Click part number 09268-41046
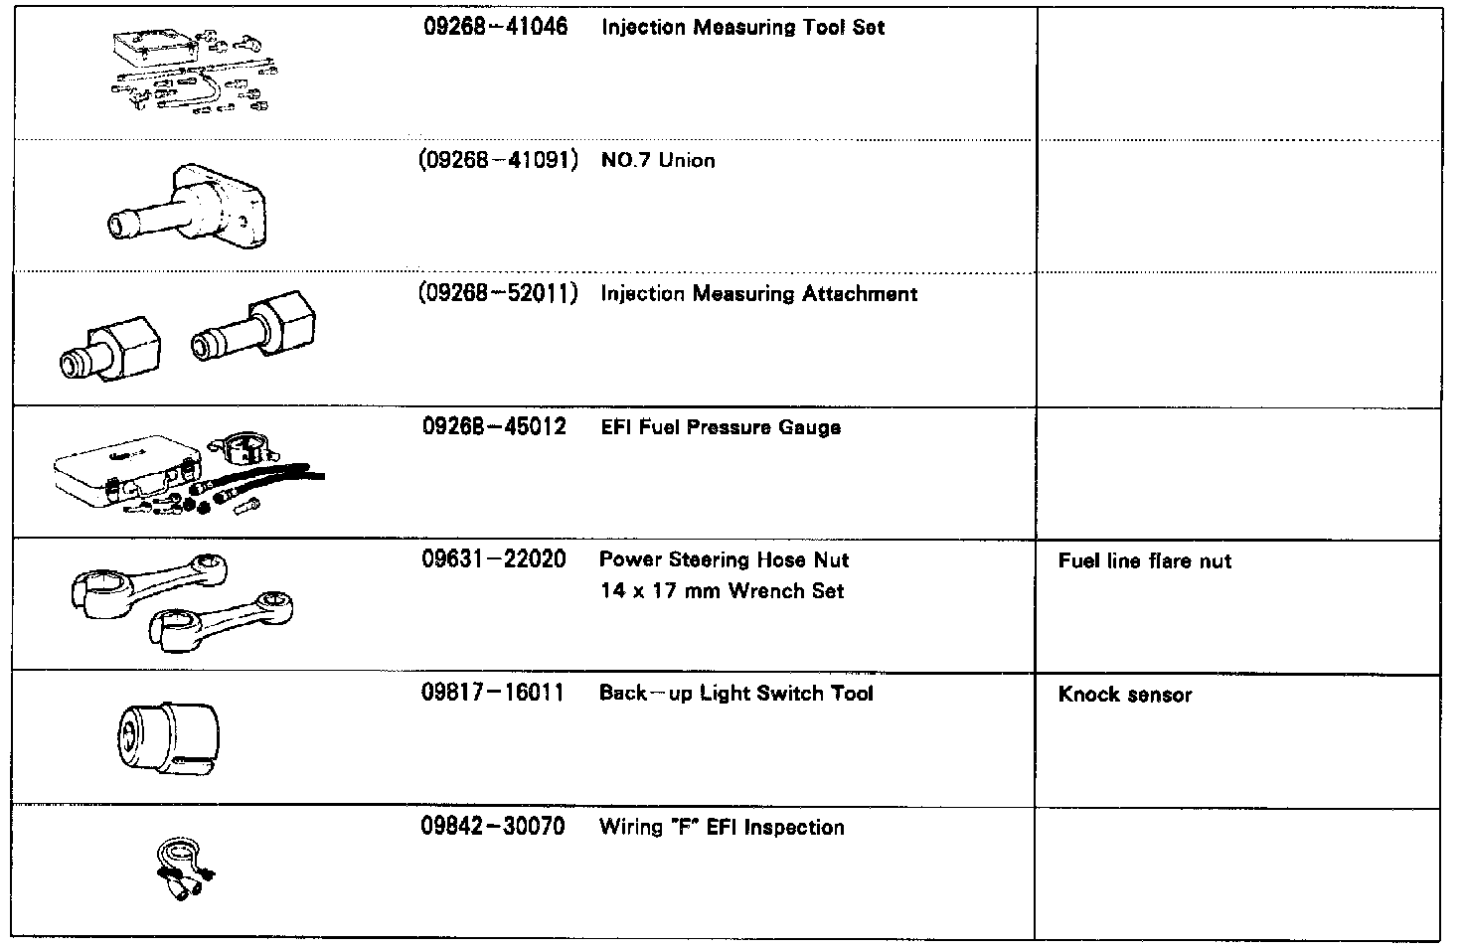[x=495, y=28]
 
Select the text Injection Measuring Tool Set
[x=742, y=28]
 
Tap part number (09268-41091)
[x=499, y=160]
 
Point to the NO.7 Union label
[x=658, y=161]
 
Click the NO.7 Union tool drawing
[x=188, y=207]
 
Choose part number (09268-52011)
[x=499, y=294]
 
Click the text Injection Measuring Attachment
[x=758, y=294]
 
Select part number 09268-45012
[x=494, y=427]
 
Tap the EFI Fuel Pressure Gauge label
[x=721, y=427]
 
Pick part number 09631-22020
[x=494, y=559]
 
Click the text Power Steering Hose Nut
[x=724, y=559]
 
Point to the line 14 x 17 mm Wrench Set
[x=722, y=591]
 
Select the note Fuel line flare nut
[x=1144, y=561]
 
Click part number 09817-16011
[x=493, y=694]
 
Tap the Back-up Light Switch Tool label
[x=735, y=694]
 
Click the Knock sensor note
[x=1124, y=695]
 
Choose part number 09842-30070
[x=493, y=827]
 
